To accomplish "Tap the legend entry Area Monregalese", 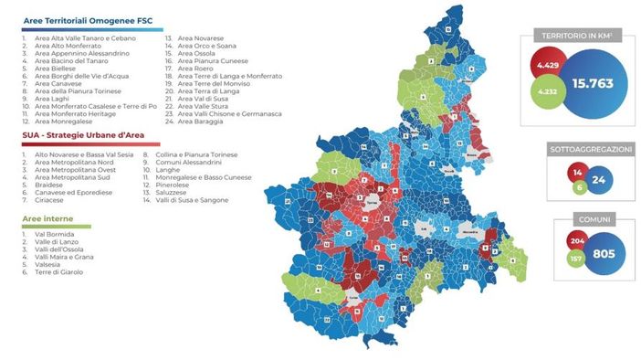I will point(64,121).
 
